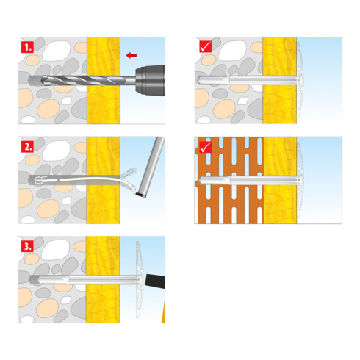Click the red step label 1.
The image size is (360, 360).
click(x=27, y=47)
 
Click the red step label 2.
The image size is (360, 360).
click(x=27, y=147)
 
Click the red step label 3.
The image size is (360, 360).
click(x=27, y=246)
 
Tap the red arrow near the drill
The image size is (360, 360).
click(x=132, y=55)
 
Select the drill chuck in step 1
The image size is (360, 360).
click(x=151, y=80)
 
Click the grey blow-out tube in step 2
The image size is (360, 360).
click(x=151, y=167)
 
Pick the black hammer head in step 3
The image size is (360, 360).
click(x=155, y=281)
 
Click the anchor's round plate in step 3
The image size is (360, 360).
click(x=139, y=280)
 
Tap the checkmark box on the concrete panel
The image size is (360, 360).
click(x=205, y=46)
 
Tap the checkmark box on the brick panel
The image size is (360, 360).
click(x=205, y=147)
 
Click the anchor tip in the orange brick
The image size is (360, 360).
click(x=201, y=181)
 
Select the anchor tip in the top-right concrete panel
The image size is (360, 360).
click(x=200, y=80)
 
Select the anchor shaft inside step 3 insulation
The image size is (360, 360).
click(x=103, y=280)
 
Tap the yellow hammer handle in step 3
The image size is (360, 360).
click(x=163, y=311)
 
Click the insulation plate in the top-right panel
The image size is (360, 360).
click(x=300, y=80)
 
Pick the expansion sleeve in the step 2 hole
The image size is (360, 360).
click(x=43, y=181)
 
